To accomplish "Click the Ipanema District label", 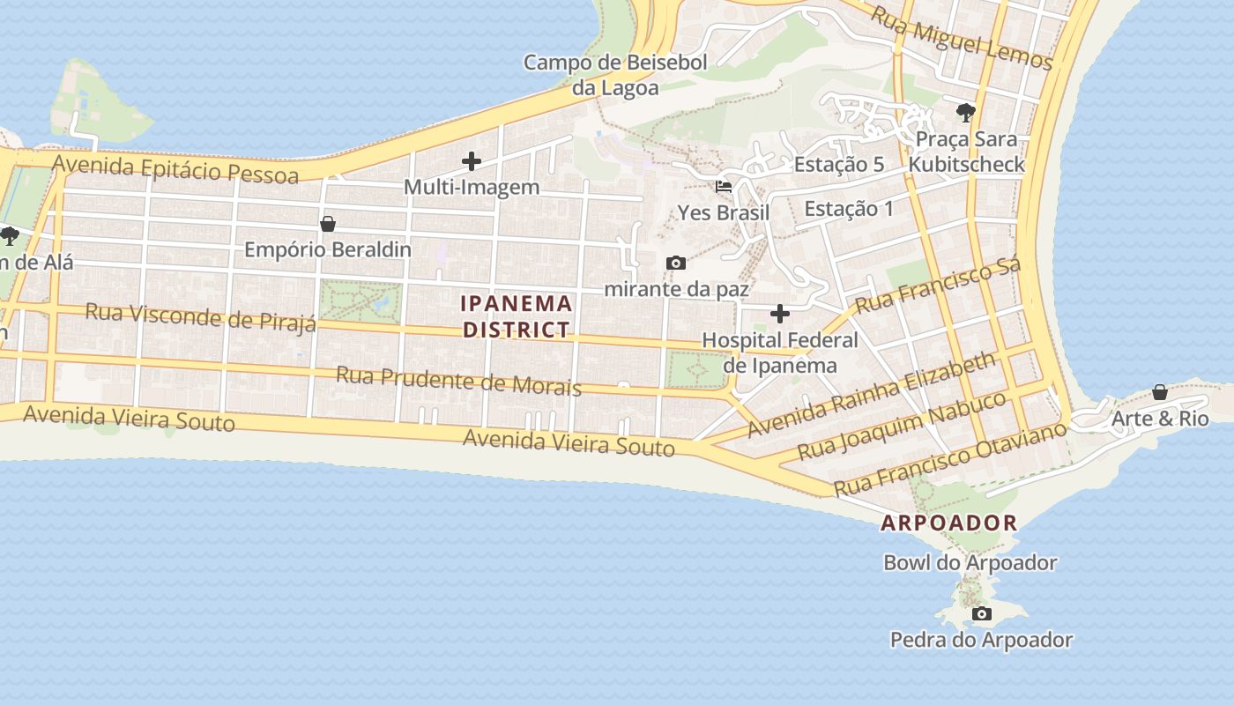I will [517, 316].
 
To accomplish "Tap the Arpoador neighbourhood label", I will [949, 523].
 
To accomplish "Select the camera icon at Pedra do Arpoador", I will [981, 613].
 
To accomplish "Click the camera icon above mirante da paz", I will [676, 263].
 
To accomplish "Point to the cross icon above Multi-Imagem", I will [472, 161].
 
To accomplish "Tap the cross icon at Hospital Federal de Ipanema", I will [779, 313].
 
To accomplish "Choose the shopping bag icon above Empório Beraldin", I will [328, 224].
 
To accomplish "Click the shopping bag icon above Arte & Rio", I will [1160, 391].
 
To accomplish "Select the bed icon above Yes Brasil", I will [724, 187].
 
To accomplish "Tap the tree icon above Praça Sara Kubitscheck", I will [966, 113].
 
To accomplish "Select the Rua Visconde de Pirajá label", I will [201, 317].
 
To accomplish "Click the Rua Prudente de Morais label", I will [458, 381].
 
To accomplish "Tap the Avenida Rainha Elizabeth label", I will [872, 394].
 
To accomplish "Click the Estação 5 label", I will [839, 165].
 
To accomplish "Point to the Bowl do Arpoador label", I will [970, 562].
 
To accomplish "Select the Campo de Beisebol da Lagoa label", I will [615, 75].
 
